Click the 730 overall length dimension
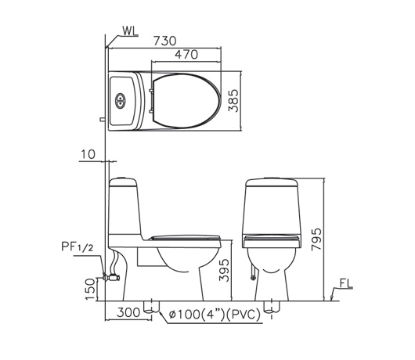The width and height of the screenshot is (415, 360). point(164,41)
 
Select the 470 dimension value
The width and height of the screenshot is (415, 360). point(186,55)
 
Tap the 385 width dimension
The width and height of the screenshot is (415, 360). point(233,101)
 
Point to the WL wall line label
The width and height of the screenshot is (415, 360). point(130,31)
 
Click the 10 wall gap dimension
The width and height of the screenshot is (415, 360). point(88,154)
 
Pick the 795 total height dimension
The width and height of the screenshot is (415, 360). point(316,239)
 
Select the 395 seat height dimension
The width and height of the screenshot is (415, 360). point(224,270)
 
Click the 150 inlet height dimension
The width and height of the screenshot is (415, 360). point(90,289)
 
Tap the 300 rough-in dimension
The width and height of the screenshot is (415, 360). point(128,312)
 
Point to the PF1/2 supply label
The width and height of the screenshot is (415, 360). point(77,247)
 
